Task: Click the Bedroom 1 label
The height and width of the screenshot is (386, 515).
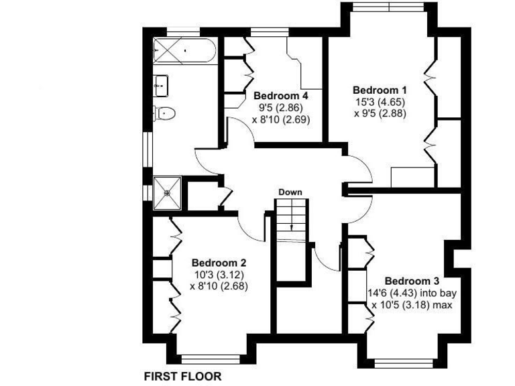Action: click(x=380, y=89)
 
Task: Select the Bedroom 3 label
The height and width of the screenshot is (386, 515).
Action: click(x=412, y=281)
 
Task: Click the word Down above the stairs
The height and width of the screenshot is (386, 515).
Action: click(x=290, y=192)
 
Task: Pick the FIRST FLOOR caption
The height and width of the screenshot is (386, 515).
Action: click(x=183, y=377)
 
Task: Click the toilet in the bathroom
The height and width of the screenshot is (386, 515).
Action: click(x=164, y=113)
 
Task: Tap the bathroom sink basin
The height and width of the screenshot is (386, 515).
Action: click(x=161, y=84)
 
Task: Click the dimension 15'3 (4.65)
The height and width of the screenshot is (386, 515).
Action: click(x=380, y=102)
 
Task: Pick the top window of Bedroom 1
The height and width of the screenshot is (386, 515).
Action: click(x=390, y=7)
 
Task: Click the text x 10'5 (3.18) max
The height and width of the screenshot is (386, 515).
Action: click(x=412, y=305)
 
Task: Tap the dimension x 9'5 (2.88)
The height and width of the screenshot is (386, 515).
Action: click(x=380, y=114)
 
